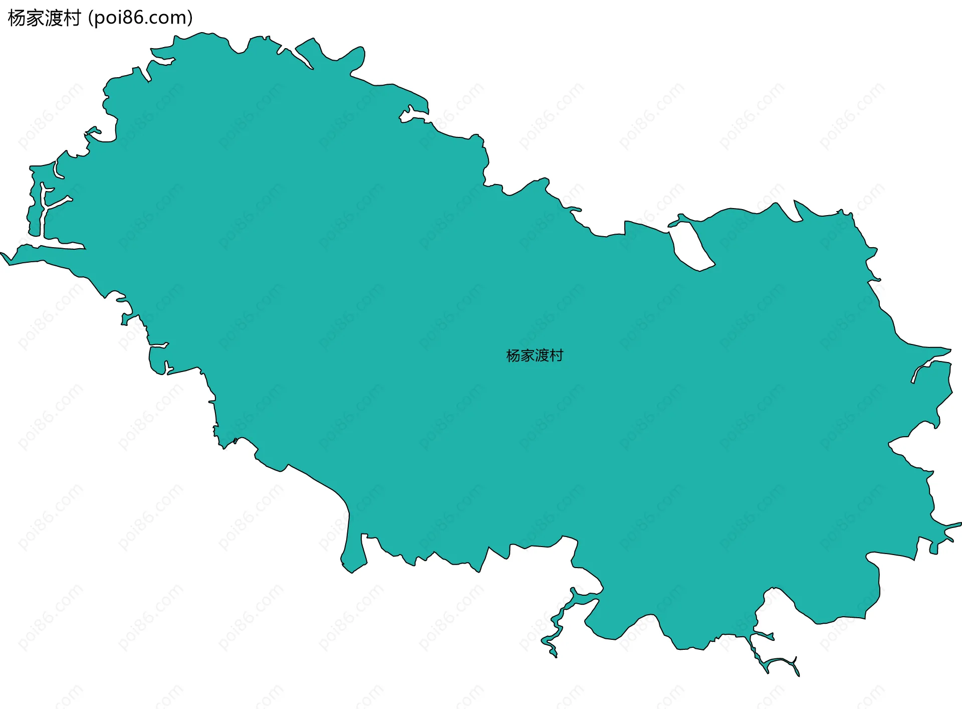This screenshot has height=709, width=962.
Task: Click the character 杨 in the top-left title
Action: point(17,18)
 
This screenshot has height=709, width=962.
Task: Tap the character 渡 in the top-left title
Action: point(53,18)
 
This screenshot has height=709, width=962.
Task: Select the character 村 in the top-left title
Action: point(72,18)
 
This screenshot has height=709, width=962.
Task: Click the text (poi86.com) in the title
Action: point(140,18)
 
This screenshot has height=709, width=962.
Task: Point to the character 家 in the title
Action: point(35,18)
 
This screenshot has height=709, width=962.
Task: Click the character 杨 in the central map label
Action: point(513,356)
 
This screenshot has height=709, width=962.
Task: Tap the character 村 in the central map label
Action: point(556,356)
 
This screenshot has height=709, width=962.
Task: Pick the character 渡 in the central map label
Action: point(542,356)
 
